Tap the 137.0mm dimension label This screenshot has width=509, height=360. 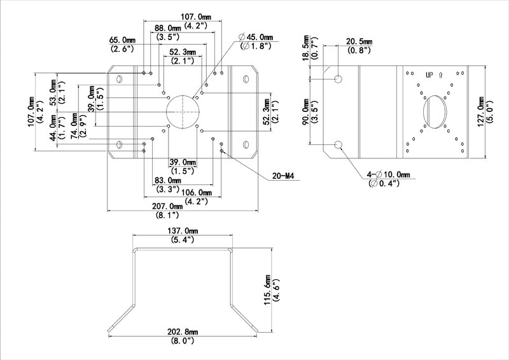(183, 230)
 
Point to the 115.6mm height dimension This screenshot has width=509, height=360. (269, 290)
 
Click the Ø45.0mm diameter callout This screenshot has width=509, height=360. (255, 36)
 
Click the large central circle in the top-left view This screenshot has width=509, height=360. (183, 112)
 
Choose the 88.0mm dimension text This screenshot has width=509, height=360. (169, 28)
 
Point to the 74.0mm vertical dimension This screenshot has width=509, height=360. (74, 126)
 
